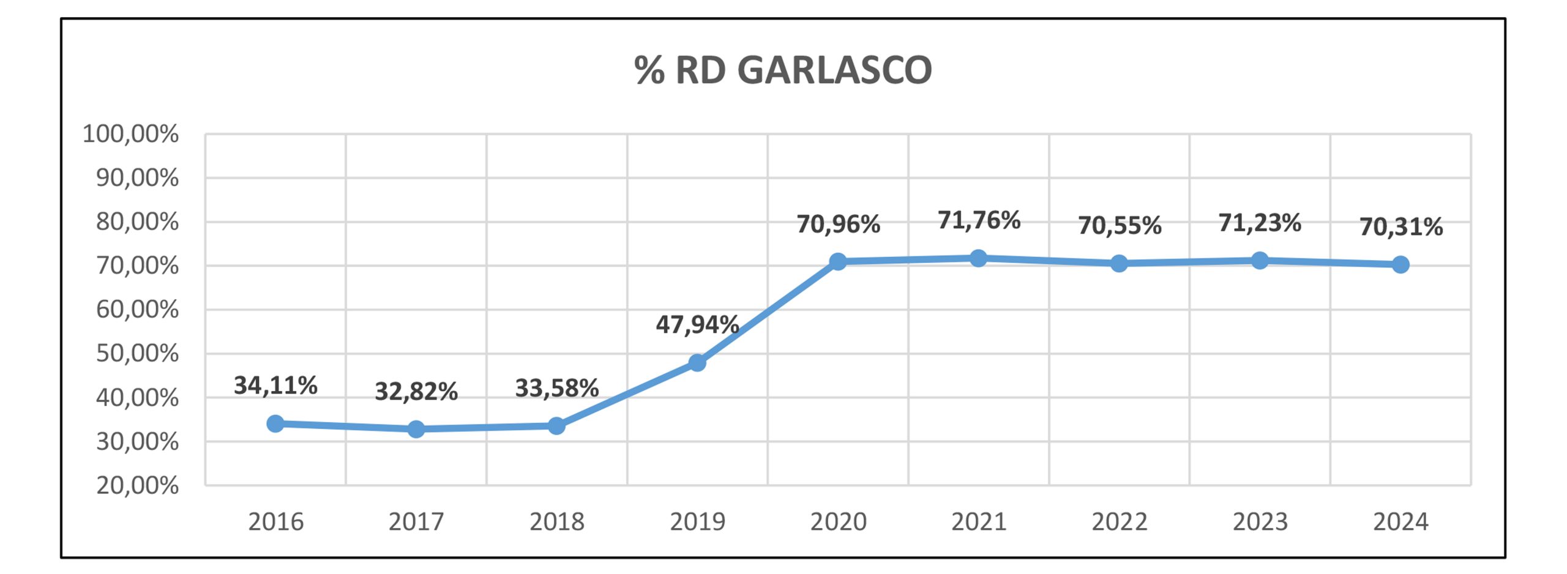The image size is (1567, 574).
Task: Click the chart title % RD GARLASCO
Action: (783, 70)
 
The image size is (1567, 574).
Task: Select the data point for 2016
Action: (275, 423)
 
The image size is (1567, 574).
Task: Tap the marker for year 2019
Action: (697, 363)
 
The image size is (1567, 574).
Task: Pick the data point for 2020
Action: (838, 262)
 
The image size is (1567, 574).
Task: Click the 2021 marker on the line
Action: (979, 258)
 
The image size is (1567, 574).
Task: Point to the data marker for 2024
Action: (1401, 265)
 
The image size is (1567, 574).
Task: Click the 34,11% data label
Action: (275, 386)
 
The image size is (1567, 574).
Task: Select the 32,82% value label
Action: (416, 392)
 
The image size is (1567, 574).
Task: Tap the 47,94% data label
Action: (697, 324)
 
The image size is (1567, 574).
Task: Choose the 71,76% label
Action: (979, 220)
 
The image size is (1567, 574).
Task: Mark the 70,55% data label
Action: (1120, 226)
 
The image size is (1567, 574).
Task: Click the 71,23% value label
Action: (1260, 223)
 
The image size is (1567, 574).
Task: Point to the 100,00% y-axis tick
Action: (130, 134)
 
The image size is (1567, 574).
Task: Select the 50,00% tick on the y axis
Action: (137, 354)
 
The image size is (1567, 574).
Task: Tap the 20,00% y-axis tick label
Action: (137, 486)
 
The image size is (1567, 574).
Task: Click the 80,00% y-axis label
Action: (137, 222)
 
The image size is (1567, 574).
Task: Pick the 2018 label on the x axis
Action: (557, 522)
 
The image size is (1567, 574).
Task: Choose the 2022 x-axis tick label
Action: (1120, 522)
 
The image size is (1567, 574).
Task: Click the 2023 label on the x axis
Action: (1260, 522)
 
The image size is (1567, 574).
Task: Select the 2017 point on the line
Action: (416, 429)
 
